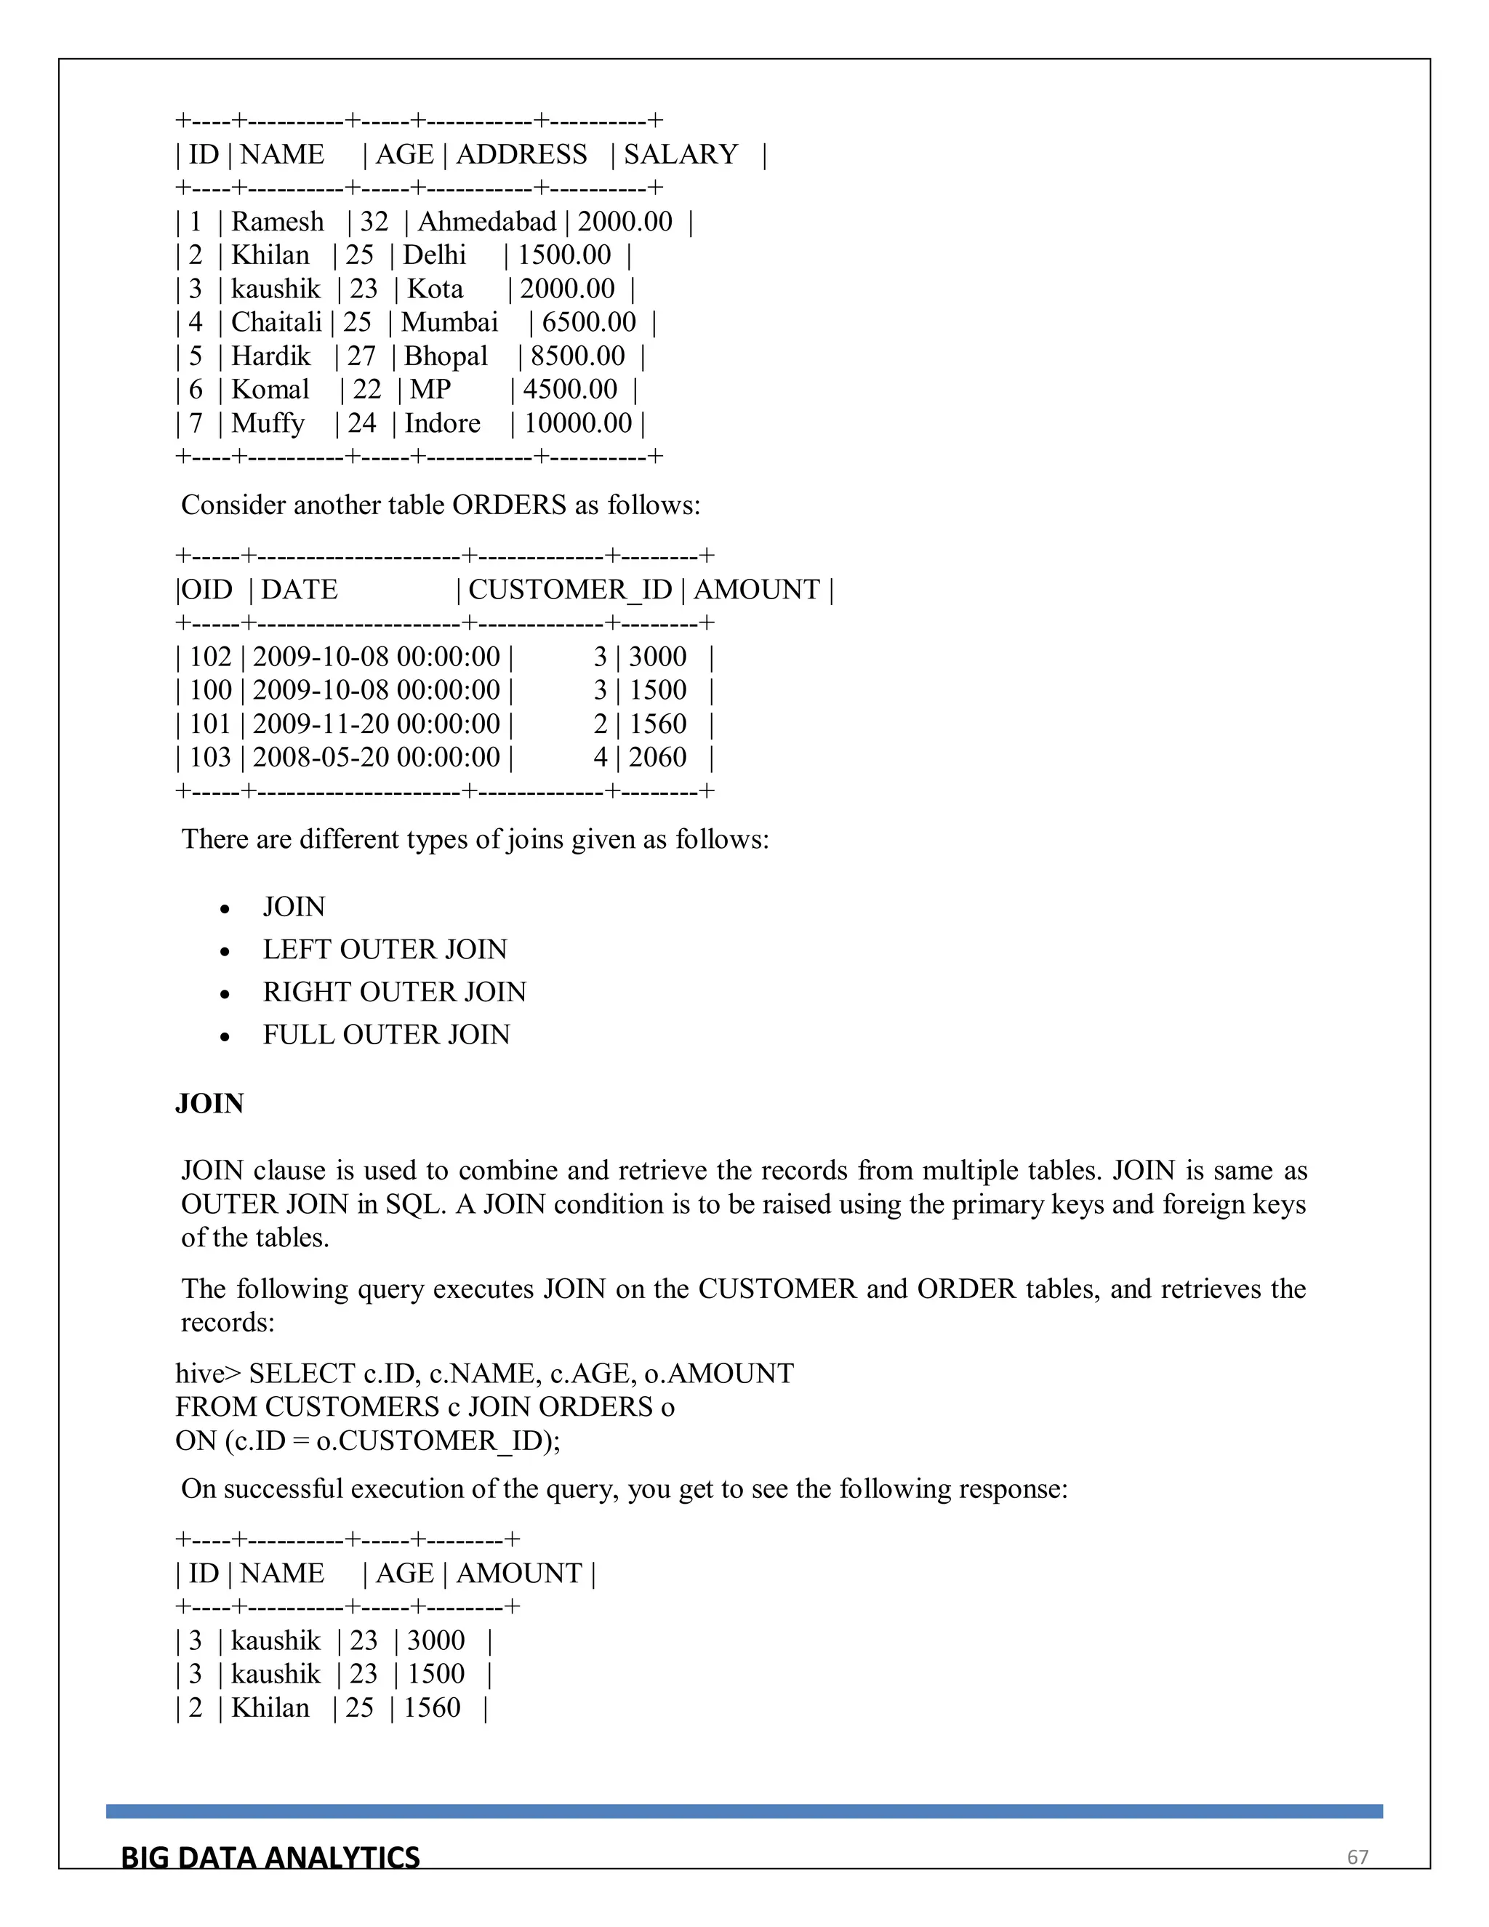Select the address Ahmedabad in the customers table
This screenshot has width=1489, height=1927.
487,222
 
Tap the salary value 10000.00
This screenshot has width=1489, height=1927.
578,423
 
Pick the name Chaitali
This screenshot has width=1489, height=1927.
276,322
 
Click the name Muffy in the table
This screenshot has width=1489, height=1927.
268,423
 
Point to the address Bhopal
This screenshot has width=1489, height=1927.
446,356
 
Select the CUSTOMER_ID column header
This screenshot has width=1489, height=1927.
570,590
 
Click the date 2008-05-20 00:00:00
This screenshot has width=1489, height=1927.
377,757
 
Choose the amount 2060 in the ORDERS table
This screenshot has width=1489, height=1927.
657,757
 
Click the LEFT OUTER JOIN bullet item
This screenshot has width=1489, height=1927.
385,950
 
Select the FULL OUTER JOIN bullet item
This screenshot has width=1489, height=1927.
386,1034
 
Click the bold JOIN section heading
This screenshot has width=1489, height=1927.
209,1104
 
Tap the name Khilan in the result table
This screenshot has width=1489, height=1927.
270,1707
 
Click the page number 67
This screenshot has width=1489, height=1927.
1357,1857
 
